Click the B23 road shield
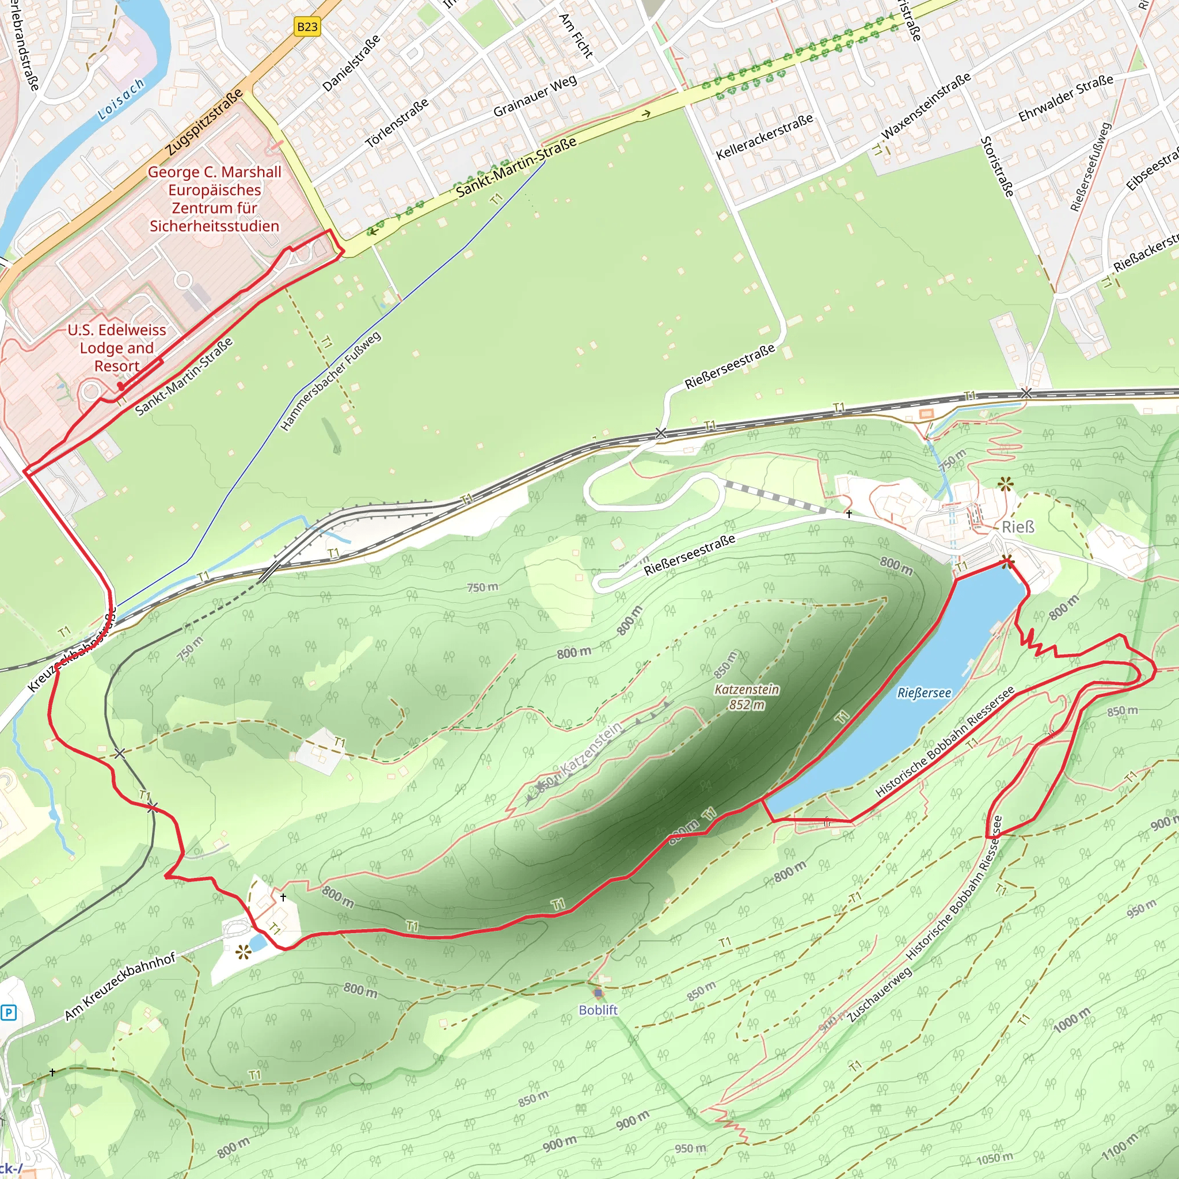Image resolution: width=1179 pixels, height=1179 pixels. coord(307,27)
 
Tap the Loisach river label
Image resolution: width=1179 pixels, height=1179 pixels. coord(121,100)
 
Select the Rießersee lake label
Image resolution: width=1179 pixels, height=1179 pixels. coord(924,693)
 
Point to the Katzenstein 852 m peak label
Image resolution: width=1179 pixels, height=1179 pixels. coord(747,697)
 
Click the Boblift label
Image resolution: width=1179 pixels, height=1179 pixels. coord(598,1010)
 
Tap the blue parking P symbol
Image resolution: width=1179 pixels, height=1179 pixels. coord(9,1013)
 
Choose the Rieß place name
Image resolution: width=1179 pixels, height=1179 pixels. coord(1018,527)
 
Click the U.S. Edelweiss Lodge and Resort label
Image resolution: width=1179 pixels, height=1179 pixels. coord(116,348)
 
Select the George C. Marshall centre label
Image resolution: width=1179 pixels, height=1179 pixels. coord(214,199)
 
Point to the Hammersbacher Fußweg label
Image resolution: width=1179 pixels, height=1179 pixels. coord(331,382)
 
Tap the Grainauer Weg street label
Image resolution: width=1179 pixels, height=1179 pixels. coord(535,96)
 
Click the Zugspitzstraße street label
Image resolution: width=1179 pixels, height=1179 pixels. coord(204,122)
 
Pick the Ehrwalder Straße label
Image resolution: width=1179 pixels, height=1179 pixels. coord(1066,98)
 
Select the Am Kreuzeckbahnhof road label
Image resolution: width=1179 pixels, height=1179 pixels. coord(120,986)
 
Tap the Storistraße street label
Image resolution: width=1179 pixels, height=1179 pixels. coord(997,166)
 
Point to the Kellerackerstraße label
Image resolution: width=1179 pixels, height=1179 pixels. coord(765,136)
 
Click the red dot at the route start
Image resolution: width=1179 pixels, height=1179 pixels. coord(121,386)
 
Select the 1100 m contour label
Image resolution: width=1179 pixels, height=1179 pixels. coord(1120,1148)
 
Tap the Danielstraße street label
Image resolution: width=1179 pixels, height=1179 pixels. coord(352,63)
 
